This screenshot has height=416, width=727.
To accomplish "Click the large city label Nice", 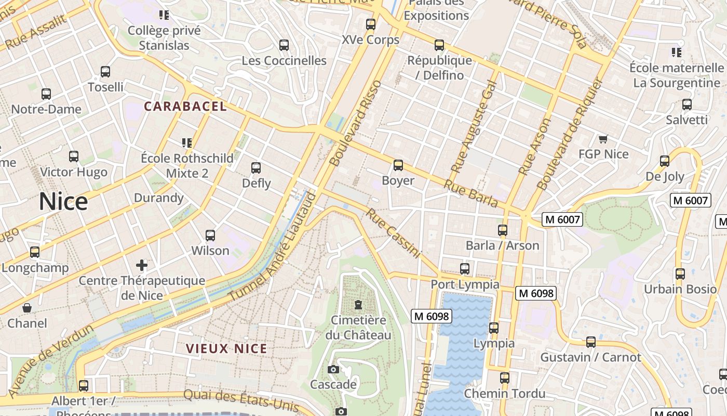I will coord(63,202).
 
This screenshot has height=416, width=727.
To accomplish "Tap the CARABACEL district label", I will coord(185,107).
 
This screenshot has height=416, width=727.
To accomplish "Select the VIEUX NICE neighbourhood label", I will coord(226,349).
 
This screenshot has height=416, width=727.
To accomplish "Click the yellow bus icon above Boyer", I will coord(398,165).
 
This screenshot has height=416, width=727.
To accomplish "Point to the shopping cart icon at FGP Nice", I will coord(603,139).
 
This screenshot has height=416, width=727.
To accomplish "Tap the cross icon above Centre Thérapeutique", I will coord(142,265).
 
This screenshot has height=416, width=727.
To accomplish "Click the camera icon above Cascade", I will coord(333,369).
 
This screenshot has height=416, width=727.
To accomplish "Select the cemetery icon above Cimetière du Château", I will coord(358,304).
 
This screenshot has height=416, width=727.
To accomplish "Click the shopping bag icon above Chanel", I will coord(27,308).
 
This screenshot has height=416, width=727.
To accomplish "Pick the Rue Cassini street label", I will coord(393,232).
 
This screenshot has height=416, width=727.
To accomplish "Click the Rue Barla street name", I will coord(471,193).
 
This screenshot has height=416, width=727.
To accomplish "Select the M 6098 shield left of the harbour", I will coord(432,316).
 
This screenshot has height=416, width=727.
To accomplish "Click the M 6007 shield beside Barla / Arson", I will coord(562,219).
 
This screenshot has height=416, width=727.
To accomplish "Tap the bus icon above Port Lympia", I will coord(465,269).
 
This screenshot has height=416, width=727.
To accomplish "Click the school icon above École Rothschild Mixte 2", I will coord(187,142).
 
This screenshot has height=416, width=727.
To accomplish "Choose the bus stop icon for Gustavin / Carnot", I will coord(591,342).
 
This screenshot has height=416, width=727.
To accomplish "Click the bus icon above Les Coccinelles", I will coord(284,45).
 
